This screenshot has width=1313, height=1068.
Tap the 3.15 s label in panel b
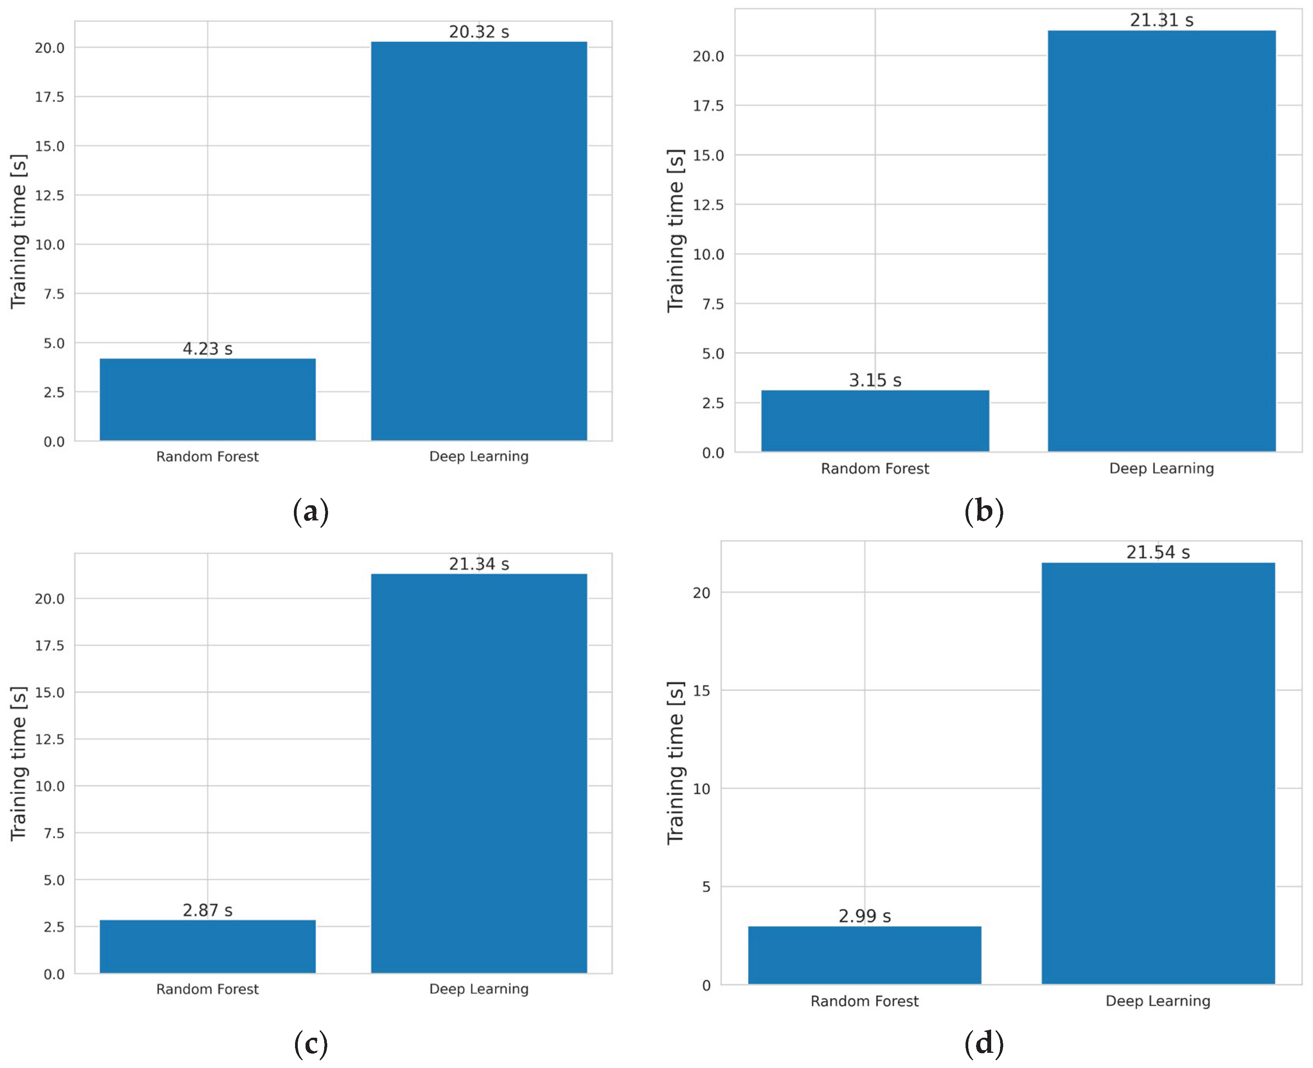pos(875,380)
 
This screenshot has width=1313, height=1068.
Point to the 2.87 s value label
pos(207,910)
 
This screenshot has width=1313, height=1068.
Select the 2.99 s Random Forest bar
pos(864,955)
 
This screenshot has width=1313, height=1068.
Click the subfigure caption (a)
pos(311,512)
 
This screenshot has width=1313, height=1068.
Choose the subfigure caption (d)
pos(984,1044)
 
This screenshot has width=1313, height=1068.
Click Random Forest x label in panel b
pos(875,469)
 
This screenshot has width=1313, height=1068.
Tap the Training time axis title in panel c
pos(19,763)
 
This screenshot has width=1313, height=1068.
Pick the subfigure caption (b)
pos(984,512)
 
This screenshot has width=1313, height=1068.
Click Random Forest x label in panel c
pos(207,989)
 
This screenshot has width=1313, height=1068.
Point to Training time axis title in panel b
pos(675,231)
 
